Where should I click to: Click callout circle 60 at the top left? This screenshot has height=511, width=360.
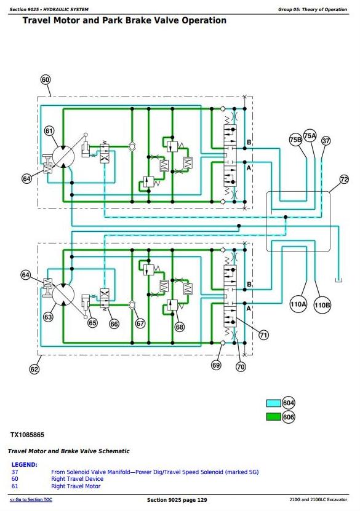(46, 80)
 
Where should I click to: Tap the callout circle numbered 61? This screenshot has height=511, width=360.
(49, 131)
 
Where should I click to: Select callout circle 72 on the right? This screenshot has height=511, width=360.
(344, 179)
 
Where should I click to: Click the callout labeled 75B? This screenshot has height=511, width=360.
(296, 140)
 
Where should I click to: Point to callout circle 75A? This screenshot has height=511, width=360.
(310, 135)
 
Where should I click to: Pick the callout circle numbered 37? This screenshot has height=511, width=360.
(326, 140)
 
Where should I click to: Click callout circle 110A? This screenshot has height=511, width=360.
(298, 305)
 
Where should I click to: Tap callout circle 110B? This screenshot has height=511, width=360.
(322, 306)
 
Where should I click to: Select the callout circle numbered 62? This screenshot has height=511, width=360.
(34, 369)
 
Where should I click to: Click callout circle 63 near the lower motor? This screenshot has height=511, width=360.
(48, 317)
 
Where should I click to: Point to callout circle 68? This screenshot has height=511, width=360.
(180, 327)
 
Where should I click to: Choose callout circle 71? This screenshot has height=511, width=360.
(263, 335)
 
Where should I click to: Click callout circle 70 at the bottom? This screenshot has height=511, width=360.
(241, 366)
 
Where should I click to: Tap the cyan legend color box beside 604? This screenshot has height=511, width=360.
(274, 403)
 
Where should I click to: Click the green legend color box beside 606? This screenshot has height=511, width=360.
(274, 417)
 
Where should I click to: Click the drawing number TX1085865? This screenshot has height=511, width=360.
(27, 435)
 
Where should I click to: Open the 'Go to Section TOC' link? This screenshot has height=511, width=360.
(31, 499)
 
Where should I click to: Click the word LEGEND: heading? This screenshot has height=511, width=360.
(25, 465)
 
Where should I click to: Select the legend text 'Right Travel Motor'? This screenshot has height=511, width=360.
(76, 486)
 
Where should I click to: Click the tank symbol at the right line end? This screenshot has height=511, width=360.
(338, 280)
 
